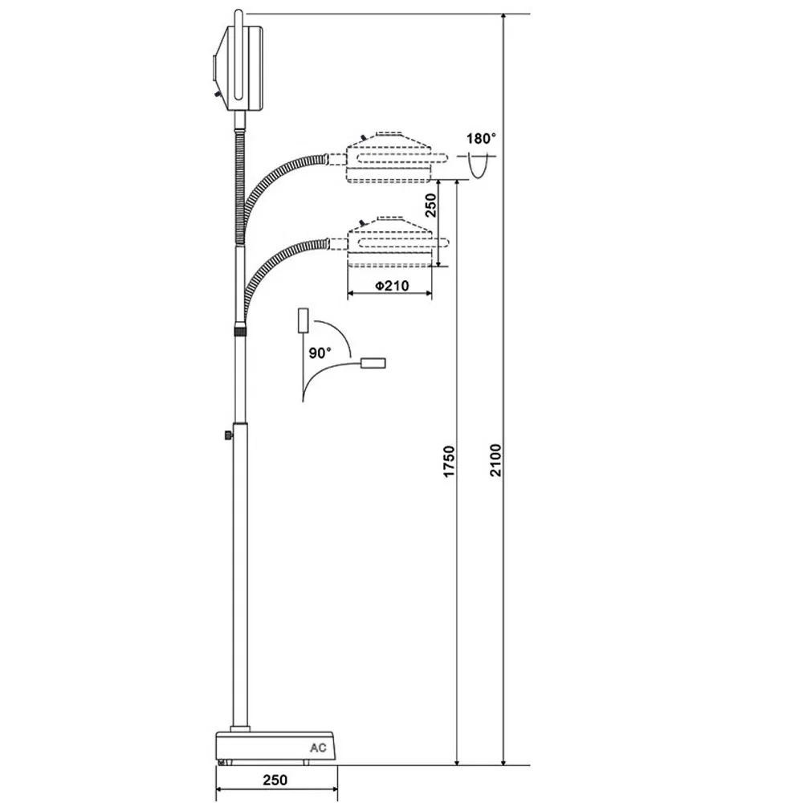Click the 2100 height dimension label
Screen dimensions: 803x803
497,459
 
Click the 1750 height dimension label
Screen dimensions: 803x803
450,463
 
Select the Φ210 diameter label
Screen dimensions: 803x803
389,284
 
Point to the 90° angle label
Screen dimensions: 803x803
320,353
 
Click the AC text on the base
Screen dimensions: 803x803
320,746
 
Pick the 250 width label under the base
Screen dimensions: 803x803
275,779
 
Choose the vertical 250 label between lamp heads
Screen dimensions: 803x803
430,207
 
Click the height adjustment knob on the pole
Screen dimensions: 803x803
230,434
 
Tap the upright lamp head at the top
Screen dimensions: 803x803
241,68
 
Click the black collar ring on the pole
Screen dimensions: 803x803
240,328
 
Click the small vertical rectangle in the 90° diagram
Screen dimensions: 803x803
304,320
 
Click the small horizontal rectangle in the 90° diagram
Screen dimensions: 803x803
373,364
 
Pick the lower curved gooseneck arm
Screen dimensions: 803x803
277,265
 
